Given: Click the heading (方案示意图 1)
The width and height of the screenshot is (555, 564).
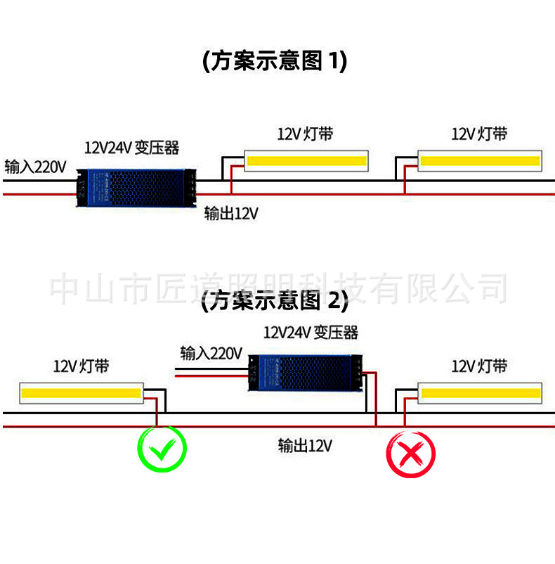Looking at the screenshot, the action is point(275,61).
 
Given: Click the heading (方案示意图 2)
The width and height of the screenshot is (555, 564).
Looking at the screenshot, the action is point(275,302).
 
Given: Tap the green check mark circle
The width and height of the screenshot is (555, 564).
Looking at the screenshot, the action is point(162,449).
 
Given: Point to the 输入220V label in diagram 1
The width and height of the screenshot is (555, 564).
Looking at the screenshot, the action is point(35,167).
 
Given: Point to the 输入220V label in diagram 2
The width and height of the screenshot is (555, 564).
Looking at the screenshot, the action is point(211,352).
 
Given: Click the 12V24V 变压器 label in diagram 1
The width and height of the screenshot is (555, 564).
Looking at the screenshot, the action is point(131,148).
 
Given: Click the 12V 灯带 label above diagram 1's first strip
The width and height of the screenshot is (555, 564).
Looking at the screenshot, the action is point(305,134).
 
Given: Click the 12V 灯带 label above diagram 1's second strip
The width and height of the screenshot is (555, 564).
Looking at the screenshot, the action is point(479,134).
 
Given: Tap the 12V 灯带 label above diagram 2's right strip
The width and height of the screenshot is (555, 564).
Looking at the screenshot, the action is point(479,366).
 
